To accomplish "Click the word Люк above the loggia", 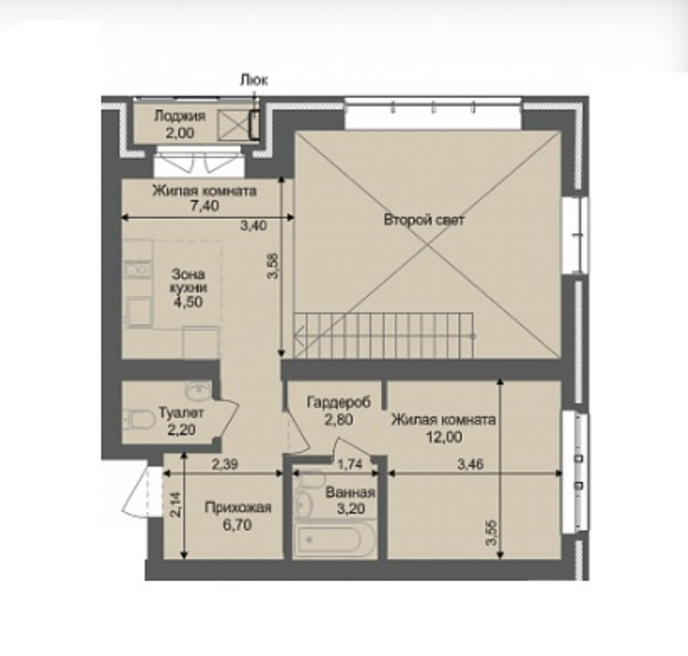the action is pos(254,80).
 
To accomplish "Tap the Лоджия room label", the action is pos(180,116).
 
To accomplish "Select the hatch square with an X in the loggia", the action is pos(233,124).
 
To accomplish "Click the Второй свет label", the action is pos(424,220).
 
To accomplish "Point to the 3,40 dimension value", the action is pos(254,226).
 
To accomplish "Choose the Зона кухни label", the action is pos(188,281).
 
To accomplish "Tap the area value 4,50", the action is pos(188,303).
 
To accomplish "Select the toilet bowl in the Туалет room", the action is pos(139,420).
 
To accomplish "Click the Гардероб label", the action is pos(339,402).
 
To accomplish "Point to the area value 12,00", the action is pos(444,438).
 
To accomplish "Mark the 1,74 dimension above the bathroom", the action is pos(350,464).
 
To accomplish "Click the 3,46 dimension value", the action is pos(470,464).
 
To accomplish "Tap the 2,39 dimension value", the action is pos(225,464).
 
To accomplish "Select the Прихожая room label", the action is pos(238,507).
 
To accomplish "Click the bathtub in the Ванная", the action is pos(335,538).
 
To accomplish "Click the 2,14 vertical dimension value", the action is pos(175,505).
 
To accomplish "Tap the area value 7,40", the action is pos(205,205).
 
